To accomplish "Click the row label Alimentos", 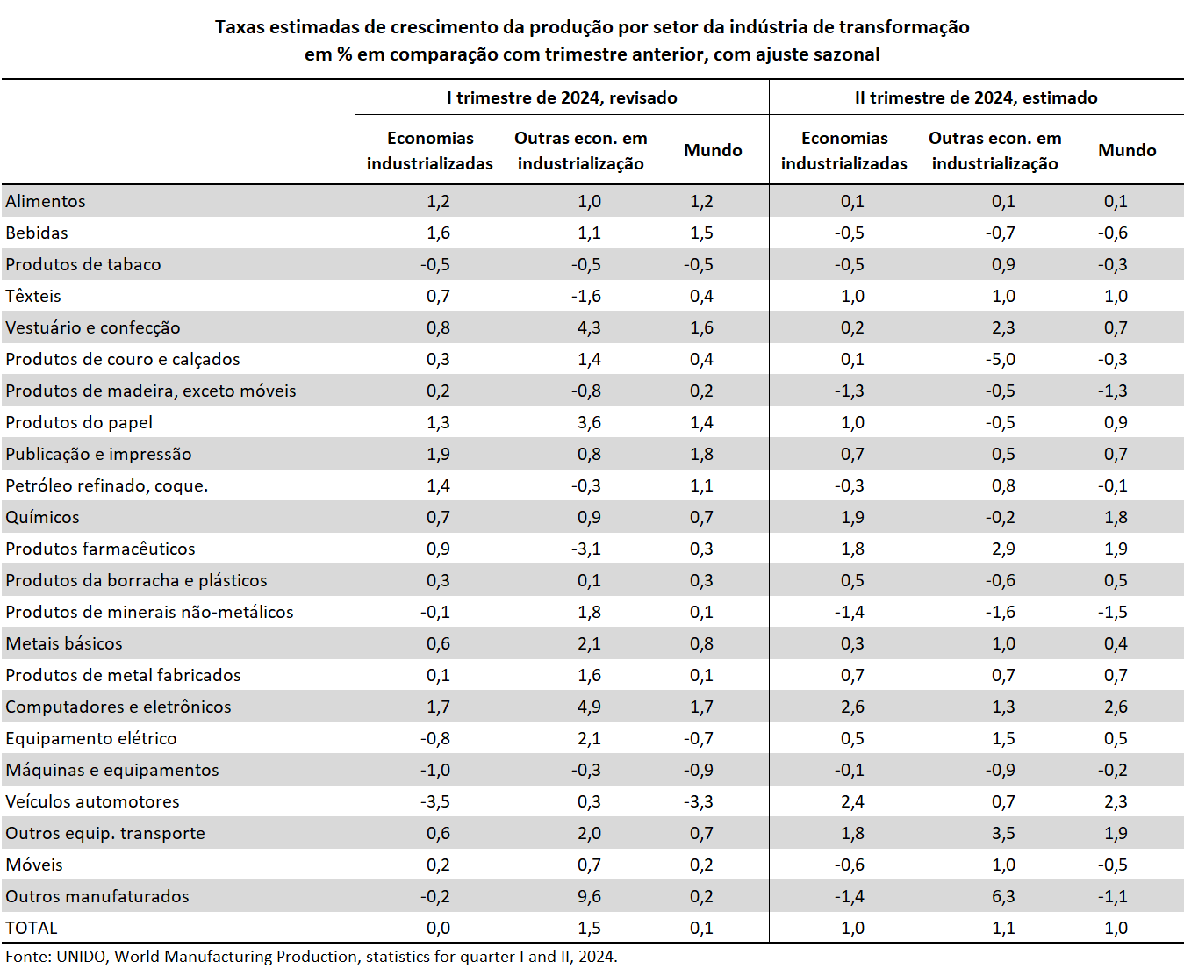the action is (46, 201).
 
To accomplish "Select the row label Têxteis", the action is (33, 296).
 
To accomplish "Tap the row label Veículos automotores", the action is (93, 801).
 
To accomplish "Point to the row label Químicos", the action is (43, 517).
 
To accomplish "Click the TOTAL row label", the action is (32, 928).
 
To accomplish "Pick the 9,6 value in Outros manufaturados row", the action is (589, 896).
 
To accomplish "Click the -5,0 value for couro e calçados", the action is (1000, 359).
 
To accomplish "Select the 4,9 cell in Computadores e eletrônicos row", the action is (589, 707).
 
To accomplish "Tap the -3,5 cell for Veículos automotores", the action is (435, 801).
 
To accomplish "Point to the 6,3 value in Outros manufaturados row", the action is (1003, 896).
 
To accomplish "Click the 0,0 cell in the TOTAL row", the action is (438, 928).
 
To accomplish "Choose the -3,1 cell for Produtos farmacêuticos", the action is (586, 549).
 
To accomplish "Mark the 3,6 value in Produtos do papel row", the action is (589, 422).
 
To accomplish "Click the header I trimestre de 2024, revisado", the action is (562, 97).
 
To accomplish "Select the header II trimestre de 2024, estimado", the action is (976, 97).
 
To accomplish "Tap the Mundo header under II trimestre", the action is (1127, 150).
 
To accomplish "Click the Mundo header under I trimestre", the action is (713, 150).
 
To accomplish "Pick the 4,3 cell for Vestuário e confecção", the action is (589, 327).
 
